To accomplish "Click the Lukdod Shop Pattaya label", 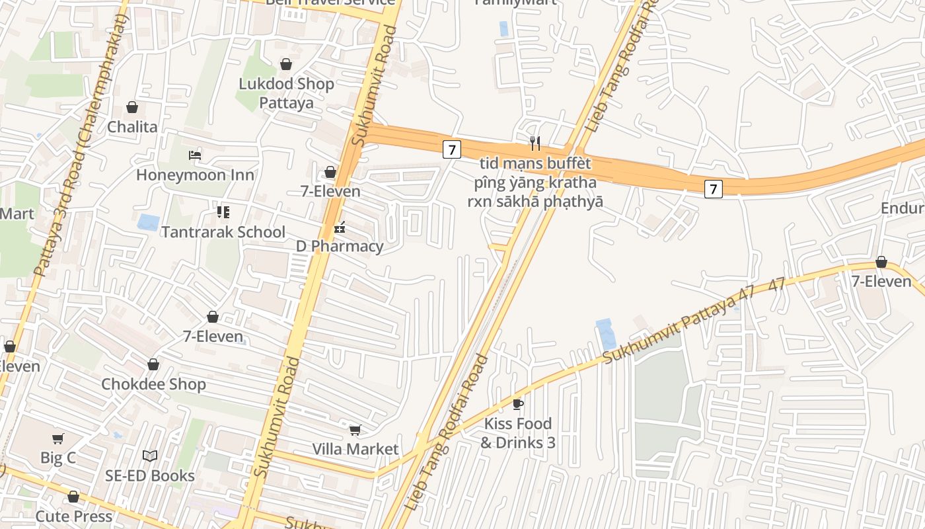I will [x=286, y=93].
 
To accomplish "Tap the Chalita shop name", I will [x=132, y=127].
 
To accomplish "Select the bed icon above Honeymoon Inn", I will [x=195, y=155].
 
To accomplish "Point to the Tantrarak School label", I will [x=223, y=232].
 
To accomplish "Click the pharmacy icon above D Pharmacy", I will [x=340, y=227].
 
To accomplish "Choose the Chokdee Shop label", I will [x=153, y=384].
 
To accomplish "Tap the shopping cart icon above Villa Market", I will [x=355, y=430].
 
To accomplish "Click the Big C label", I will [x=58, y=458].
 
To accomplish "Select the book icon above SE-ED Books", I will [x=150, y=456].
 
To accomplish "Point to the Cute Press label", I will [x=73, y=516].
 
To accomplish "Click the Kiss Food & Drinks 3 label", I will [x=518, y=432].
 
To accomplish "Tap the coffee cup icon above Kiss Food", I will [x=518, y=403].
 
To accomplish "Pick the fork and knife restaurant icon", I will [x=535, y=143].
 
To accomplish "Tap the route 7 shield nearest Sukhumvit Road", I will [x=451, y=149].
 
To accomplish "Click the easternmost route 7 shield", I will [x=713, y=189].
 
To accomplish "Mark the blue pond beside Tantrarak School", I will [x=148, y=222].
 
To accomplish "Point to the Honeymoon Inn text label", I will [x=195, y=175].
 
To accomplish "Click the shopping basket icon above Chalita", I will [x=132, y=107].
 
